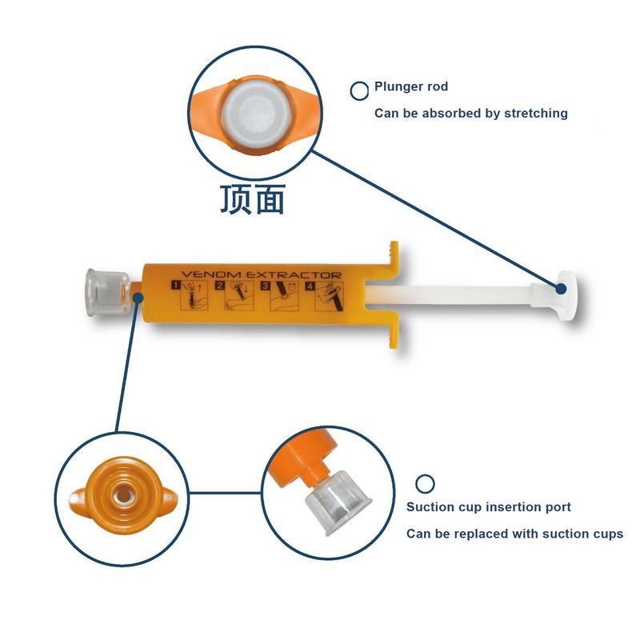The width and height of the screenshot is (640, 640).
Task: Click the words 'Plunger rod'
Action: (x=411, y=86)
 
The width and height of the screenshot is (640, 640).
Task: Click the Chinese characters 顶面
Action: (x=253, y=200)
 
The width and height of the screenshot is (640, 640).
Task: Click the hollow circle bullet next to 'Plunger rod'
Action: (x=359, y=90)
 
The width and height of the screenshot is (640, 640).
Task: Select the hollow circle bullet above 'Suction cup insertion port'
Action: (x=426, y=483)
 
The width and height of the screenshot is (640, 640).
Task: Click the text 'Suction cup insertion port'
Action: (x=489, y=507)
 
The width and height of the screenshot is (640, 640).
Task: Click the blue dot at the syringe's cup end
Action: (x=138, y=298)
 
